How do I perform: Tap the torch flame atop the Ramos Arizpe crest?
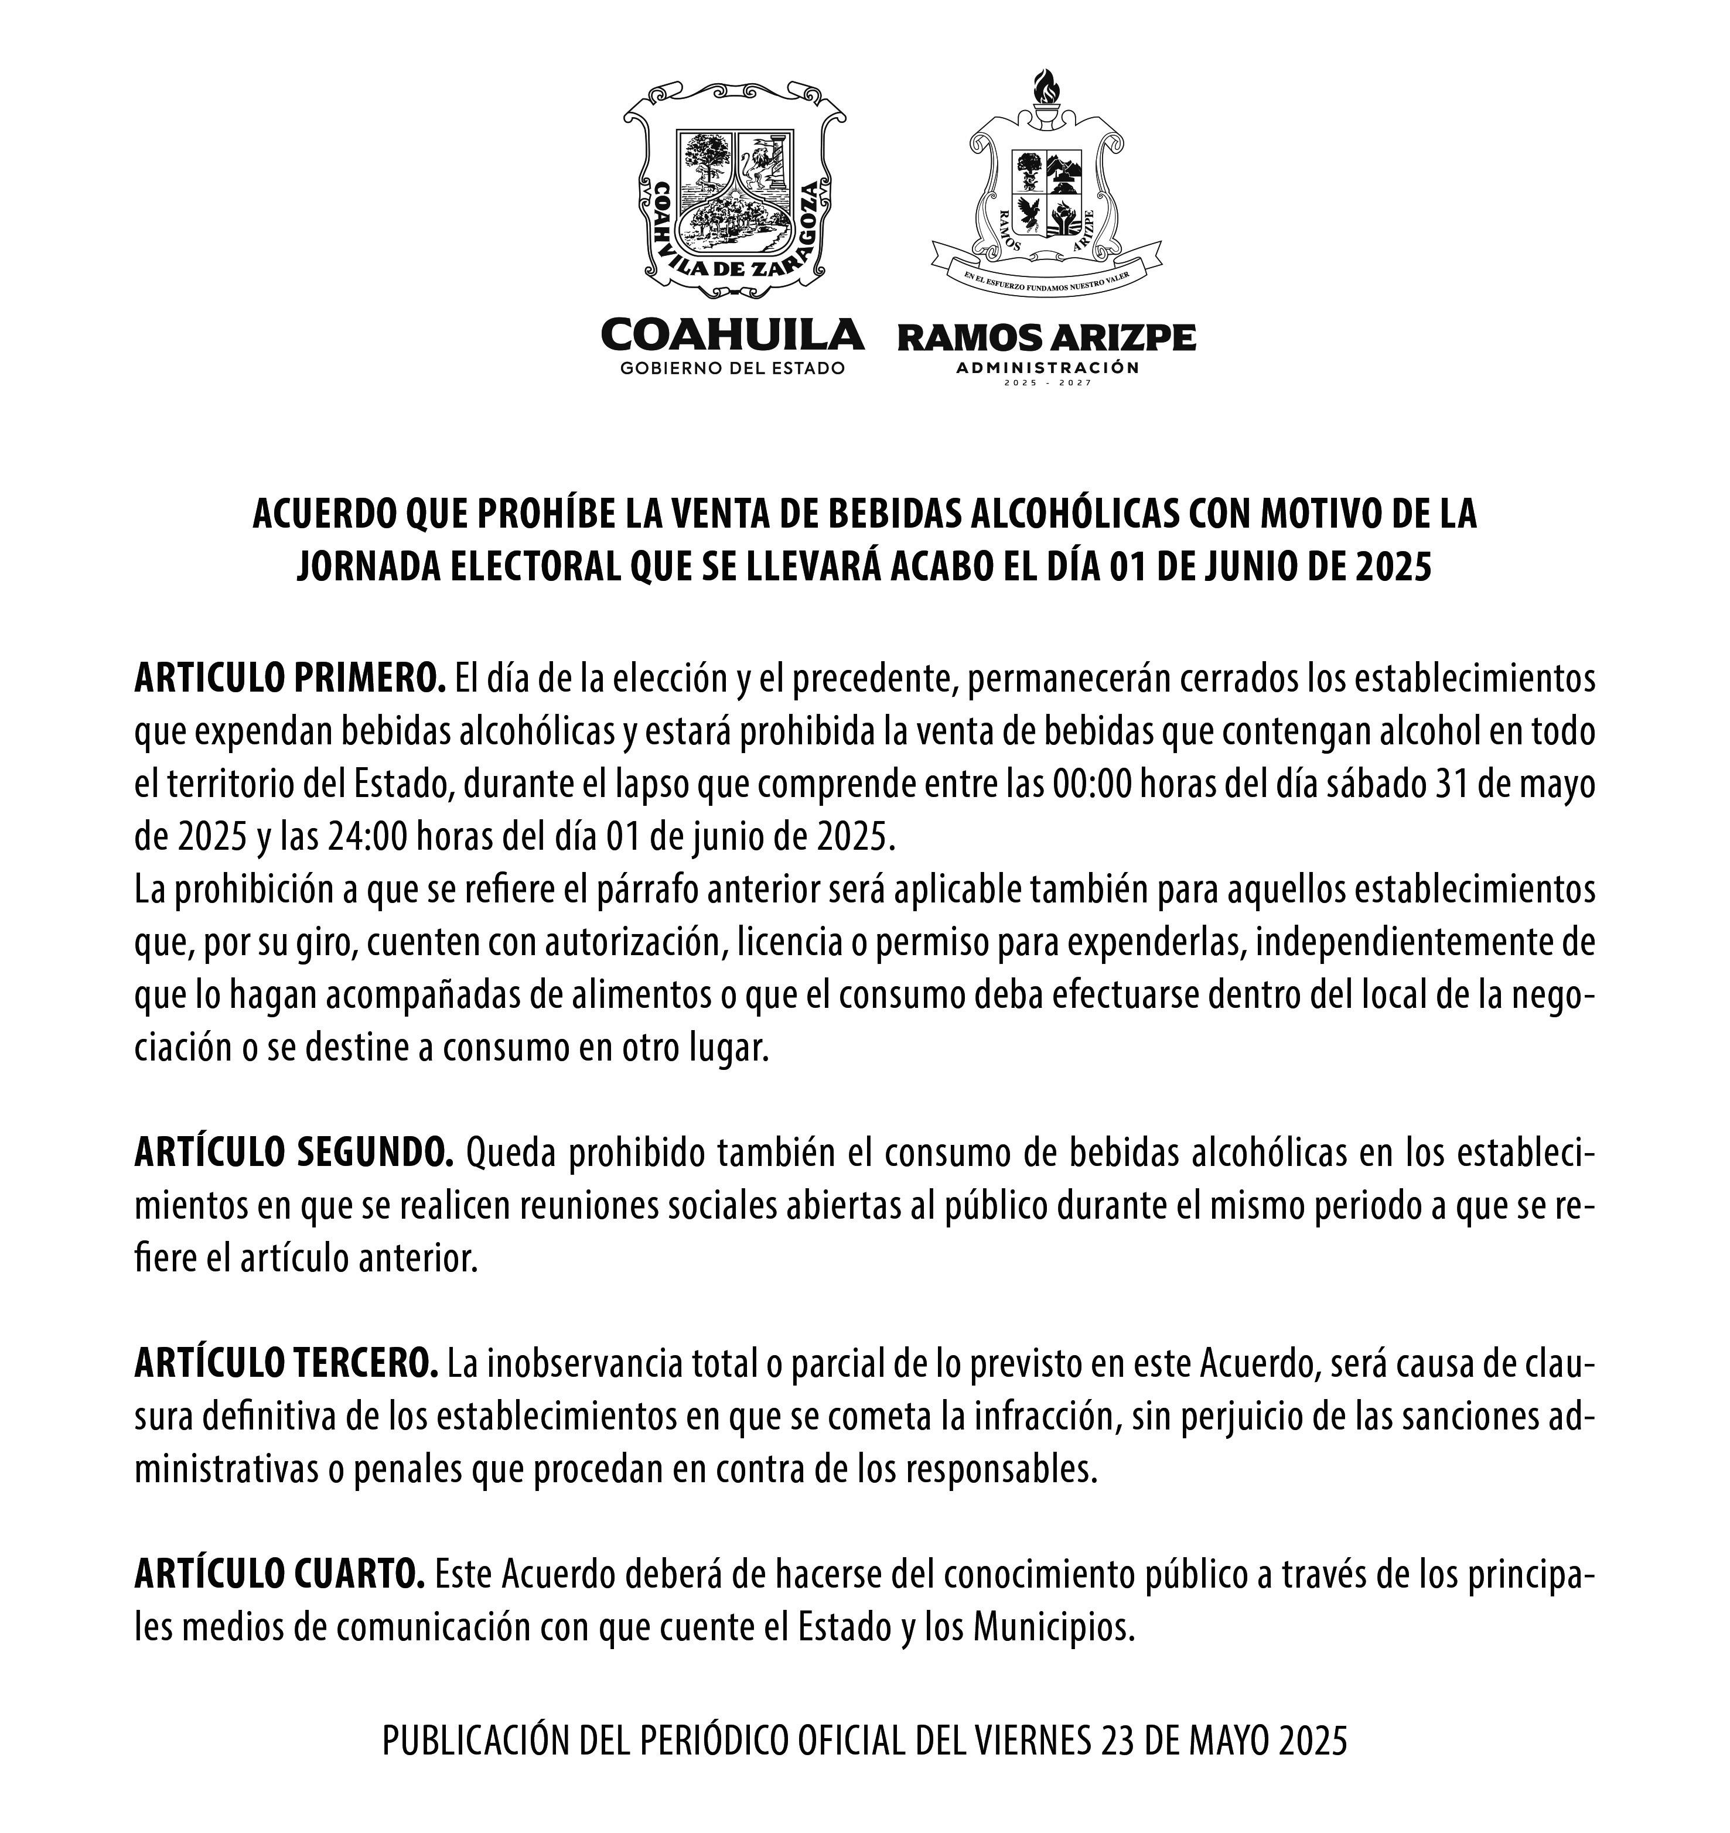point(1046,88)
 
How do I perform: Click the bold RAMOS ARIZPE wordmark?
point(1047,338)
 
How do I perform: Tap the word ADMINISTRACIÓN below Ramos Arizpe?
point(1047,368)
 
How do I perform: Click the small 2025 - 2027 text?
point(1047,382)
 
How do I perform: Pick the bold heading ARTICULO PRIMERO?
point(289,679)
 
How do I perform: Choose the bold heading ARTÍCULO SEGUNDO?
point(294,1154)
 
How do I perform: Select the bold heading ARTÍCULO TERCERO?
point(286,1365)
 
